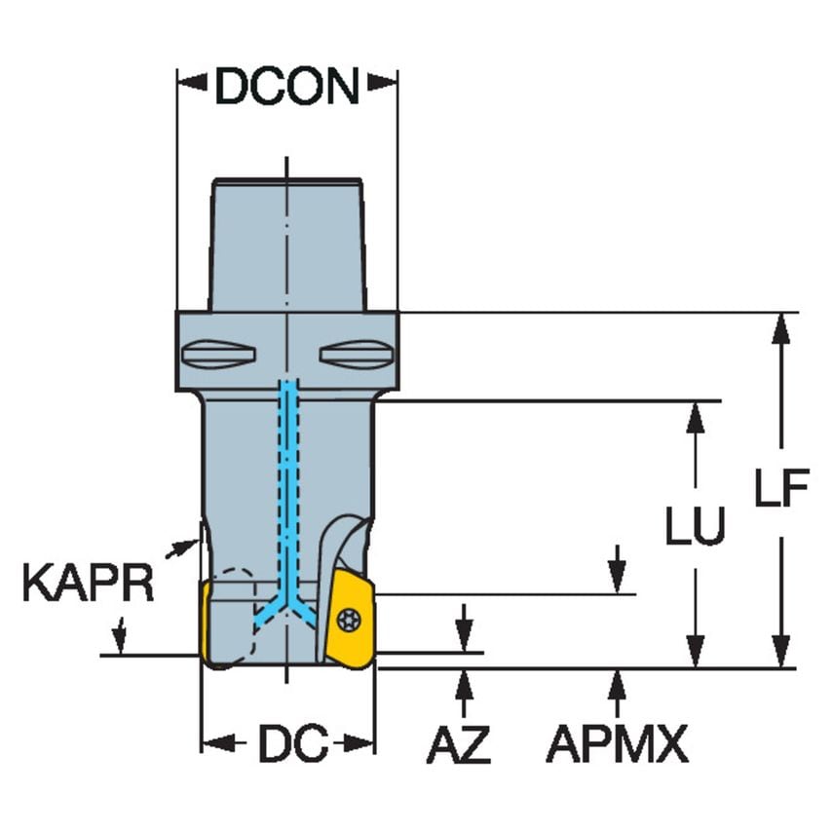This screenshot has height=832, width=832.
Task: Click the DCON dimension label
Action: pos(287,88)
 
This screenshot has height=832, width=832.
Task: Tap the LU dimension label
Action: pos(695,527)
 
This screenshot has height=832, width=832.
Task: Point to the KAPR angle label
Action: pos(88,586)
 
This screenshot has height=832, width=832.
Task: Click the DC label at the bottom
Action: pos(290,746)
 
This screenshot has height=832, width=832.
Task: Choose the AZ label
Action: pos(458,746)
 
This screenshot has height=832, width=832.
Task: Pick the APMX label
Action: pos(616,746)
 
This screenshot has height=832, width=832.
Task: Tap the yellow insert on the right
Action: pos(350,620)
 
